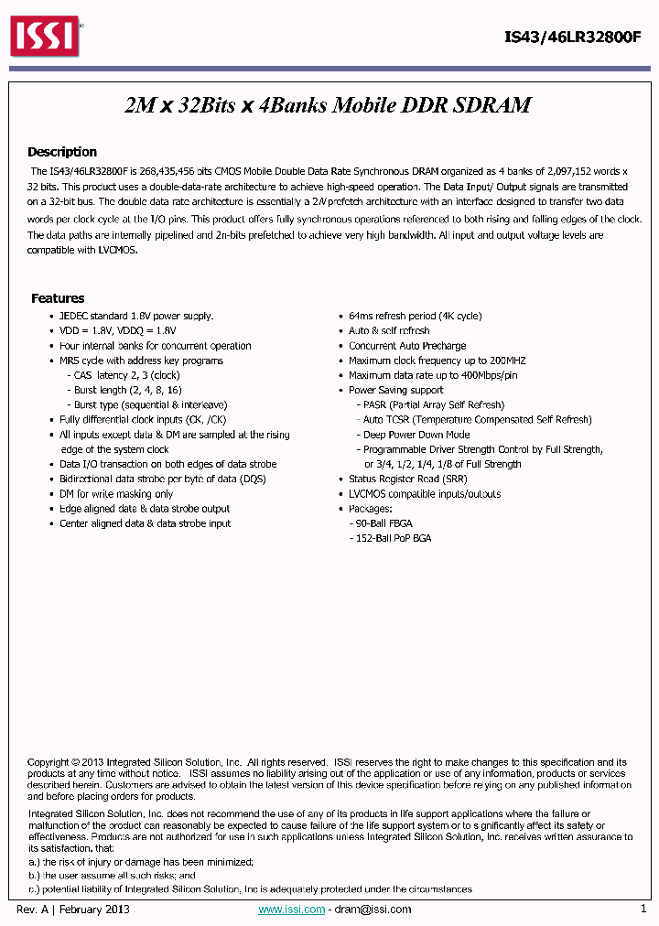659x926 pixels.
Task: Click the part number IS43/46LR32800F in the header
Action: [573, 38]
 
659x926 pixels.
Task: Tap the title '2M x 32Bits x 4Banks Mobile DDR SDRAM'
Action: [328, 105]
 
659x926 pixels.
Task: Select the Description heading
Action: [61, 152]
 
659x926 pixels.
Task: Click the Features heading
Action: [58, 298]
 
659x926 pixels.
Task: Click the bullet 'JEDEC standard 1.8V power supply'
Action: [136, 316]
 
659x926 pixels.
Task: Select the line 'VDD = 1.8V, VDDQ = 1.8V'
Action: [118, 330]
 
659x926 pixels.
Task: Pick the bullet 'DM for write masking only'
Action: [116, 494]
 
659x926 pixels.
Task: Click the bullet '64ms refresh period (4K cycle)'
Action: [415, 316]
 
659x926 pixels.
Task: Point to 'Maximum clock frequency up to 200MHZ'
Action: [437, 361]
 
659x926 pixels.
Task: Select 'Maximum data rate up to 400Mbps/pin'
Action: [433, 375]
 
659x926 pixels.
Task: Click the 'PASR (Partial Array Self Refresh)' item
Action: [434, 404]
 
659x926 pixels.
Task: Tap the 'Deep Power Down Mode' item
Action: [416, 435]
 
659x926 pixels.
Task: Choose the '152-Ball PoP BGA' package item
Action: [393, 538]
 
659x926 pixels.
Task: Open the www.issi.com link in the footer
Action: [292, 910]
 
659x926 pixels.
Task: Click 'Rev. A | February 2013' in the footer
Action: [73, 910]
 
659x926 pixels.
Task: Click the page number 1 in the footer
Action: [643, 910]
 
